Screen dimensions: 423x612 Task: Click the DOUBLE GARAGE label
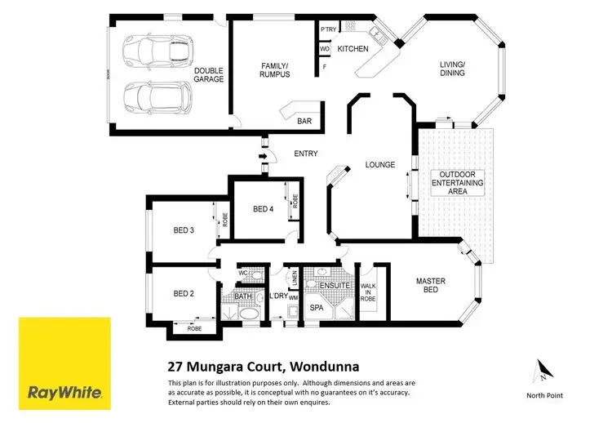[209, 75]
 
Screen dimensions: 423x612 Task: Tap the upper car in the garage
[154, 52]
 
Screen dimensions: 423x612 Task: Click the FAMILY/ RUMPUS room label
[272, 70]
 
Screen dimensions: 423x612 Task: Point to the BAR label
[304, 121]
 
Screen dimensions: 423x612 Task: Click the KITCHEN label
[353, 48]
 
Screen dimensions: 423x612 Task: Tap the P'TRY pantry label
[329, 29]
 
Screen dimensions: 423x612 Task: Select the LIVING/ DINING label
[452, 68]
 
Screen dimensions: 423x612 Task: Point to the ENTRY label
[306, 154]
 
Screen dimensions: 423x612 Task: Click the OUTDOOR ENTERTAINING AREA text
[461, 183]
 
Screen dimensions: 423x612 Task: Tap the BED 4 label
[262, 209]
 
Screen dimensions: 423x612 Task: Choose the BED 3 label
[184, 230]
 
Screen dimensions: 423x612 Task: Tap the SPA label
[317, 307]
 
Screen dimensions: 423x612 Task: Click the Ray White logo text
[64, 392]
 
